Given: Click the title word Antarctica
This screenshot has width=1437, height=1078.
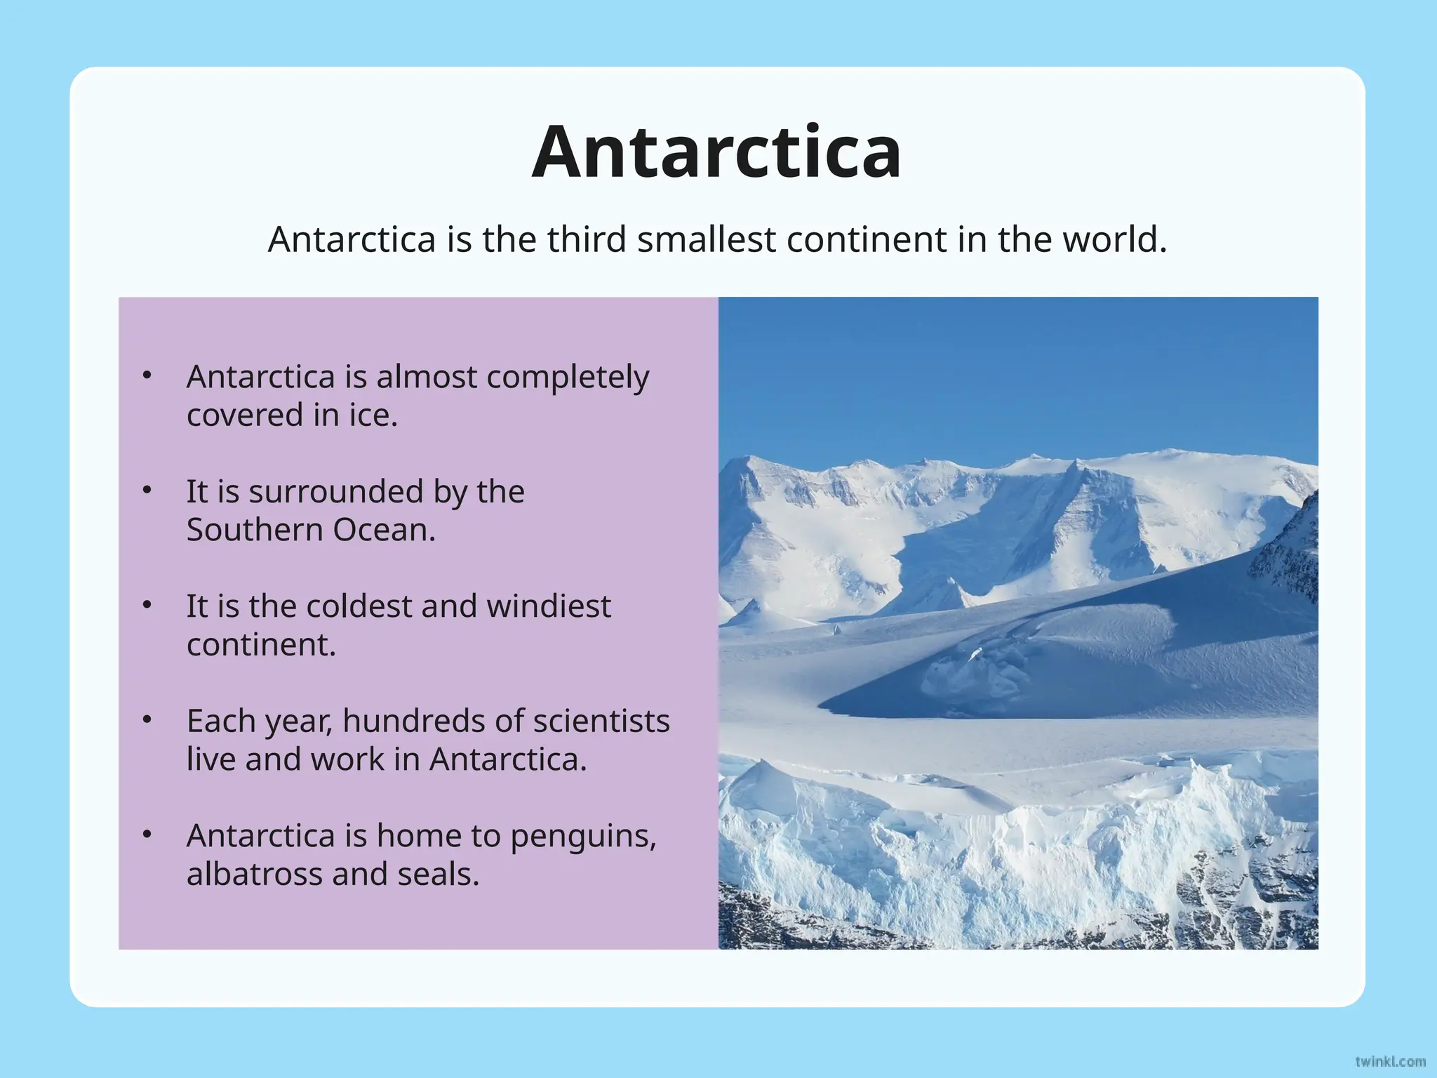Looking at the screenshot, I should tap(716, 152).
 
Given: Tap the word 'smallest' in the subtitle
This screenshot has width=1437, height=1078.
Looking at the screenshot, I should tap(707, 239).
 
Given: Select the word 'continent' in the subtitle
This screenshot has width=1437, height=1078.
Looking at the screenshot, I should tap(867, 239).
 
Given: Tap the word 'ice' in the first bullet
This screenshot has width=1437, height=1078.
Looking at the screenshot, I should tap(370, 415).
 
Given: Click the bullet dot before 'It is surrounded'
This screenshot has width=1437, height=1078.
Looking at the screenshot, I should tap(147, 491).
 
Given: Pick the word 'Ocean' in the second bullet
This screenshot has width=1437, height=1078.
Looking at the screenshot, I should tap(382, 530).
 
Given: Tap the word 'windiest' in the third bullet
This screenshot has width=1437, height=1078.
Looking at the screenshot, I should tap(549, 606).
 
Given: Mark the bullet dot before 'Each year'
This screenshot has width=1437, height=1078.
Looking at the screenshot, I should tap(147, 720).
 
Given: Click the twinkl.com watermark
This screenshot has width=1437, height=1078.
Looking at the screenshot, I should tap(1390, 1061).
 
